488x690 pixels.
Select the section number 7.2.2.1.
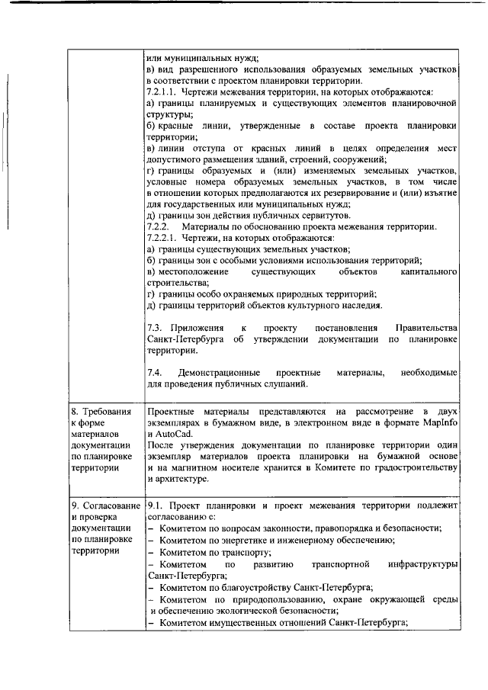162,238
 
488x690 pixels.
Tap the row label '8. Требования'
101,412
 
